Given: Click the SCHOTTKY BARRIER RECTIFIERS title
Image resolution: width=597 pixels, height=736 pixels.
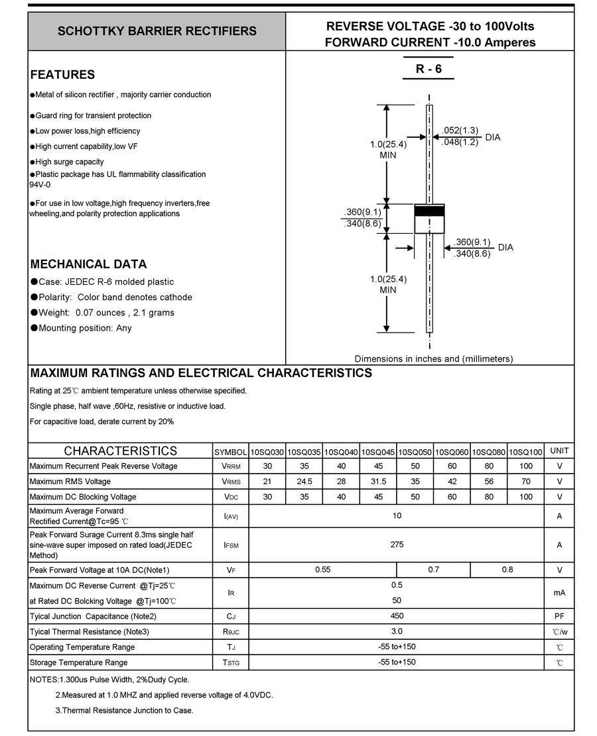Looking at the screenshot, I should (x=157, y=31).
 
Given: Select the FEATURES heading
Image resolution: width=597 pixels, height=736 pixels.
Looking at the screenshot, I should (x=62, y=75).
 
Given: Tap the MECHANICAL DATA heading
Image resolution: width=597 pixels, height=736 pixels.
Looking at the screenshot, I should (x=88, y=264).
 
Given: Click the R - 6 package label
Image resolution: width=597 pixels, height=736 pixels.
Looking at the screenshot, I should (x=429, y=69).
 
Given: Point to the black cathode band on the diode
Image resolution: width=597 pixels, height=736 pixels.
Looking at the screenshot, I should (x=429, y=211).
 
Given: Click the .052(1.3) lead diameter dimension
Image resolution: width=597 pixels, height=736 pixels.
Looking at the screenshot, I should (x=460, y=130).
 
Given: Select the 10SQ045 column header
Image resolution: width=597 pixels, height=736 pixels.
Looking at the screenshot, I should (x=378, y=452).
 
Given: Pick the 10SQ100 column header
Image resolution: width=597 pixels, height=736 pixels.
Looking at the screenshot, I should (x=525, y=452).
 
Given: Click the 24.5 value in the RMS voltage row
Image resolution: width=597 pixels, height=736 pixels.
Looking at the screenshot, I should (x=304, y=482).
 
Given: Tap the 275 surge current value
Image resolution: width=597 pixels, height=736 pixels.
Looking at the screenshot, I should (x=397, y=545).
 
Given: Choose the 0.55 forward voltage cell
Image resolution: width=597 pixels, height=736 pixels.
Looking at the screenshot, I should (x=322, y=570).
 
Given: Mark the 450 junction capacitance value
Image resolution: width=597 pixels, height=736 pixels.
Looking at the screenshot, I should (x=397, y=616).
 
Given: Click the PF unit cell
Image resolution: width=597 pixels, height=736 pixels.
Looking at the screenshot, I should (x=559, y=616).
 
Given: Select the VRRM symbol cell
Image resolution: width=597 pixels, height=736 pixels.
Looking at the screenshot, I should (x=231, y=466).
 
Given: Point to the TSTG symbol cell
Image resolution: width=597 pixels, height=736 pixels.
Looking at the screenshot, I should (x=231, y=662).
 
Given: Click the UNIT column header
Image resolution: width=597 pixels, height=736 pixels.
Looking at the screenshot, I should (x=559, y=451).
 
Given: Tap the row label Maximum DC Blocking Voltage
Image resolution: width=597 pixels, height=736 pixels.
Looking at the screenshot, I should (x=83, y=497).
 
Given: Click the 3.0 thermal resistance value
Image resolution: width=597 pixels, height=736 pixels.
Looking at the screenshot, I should (x=397, y=631).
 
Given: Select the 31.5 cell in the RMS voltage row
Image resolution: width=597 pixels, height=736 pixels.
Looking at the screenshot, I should (x=378, y=482).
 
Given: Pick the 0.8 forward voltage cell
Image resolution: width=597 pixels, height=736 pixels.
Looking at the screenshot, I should (x=507, y=570).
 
